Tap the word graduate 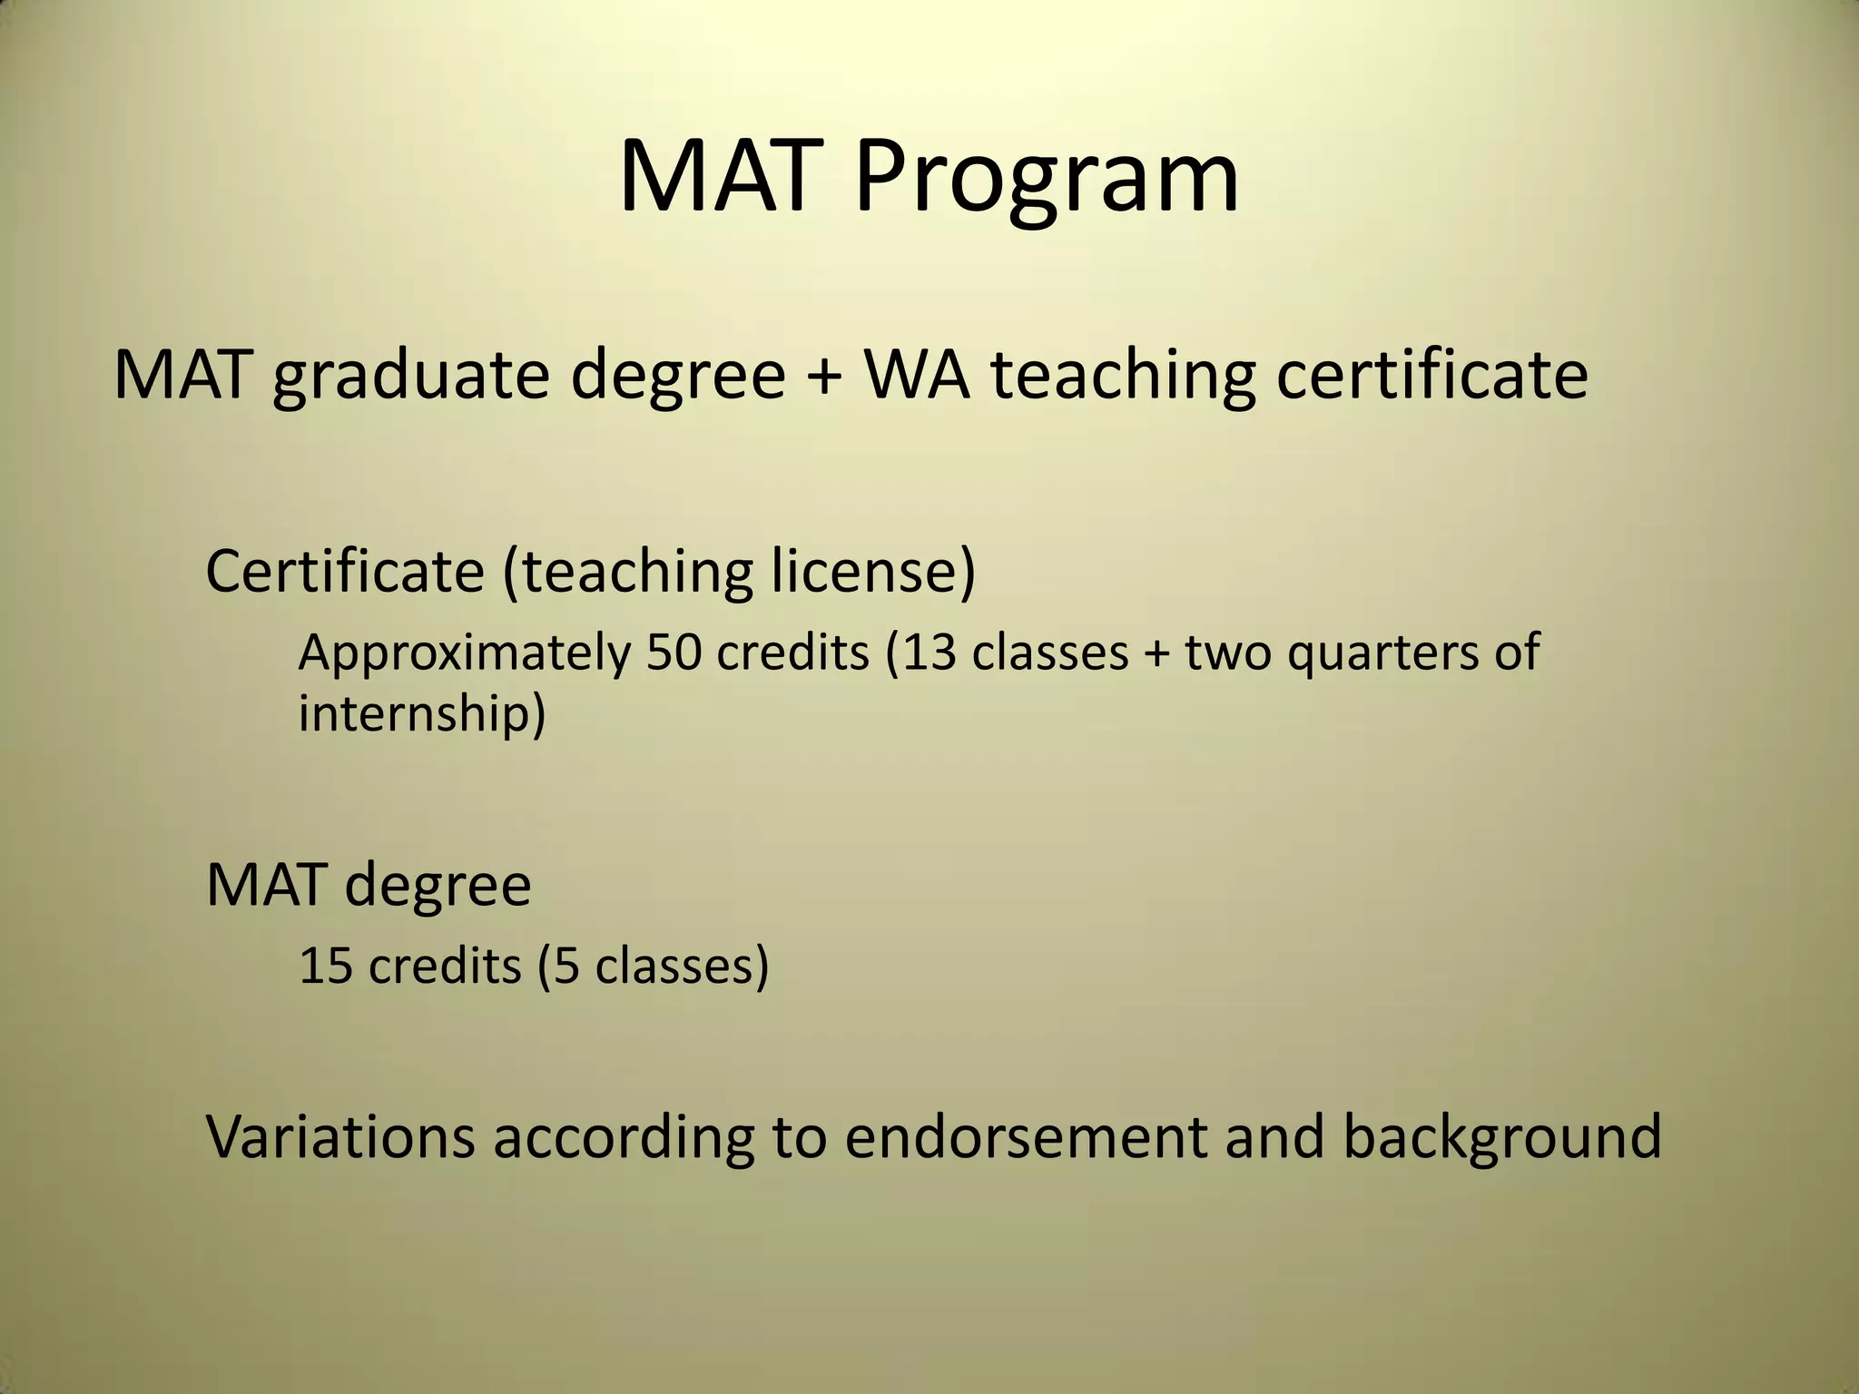[411, 377]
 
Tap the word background [1501, 1137]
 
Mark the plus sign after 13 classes [1156, 653]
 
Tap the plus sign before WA [823, 376]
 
